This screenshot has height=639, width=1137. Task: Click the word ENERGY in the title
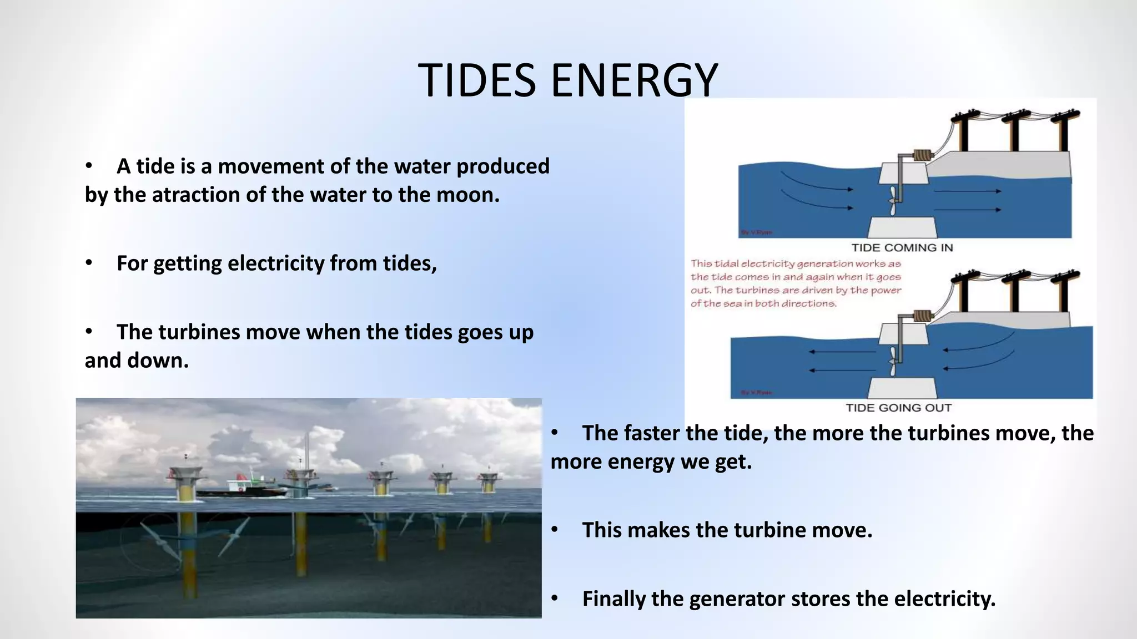(634, 81)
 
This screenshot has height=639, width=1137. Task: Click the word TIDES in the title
(477, 81)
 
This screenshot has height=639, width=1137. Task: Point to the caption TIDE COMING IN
(902, 248)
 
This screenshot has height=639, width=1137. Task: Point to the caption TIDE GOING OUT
(898, 408)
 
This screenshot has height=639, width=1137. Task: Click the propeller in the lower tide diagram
(893, 362)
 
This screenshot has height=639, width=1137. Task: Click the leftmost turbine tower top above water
(185, 475)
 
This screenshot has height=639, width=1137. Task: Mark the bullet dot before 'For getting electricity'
(89, 263)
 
